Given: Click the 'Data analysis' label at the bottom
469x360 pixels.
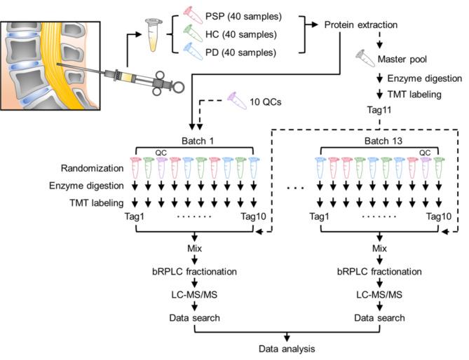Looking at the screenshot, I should [286, 347].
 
